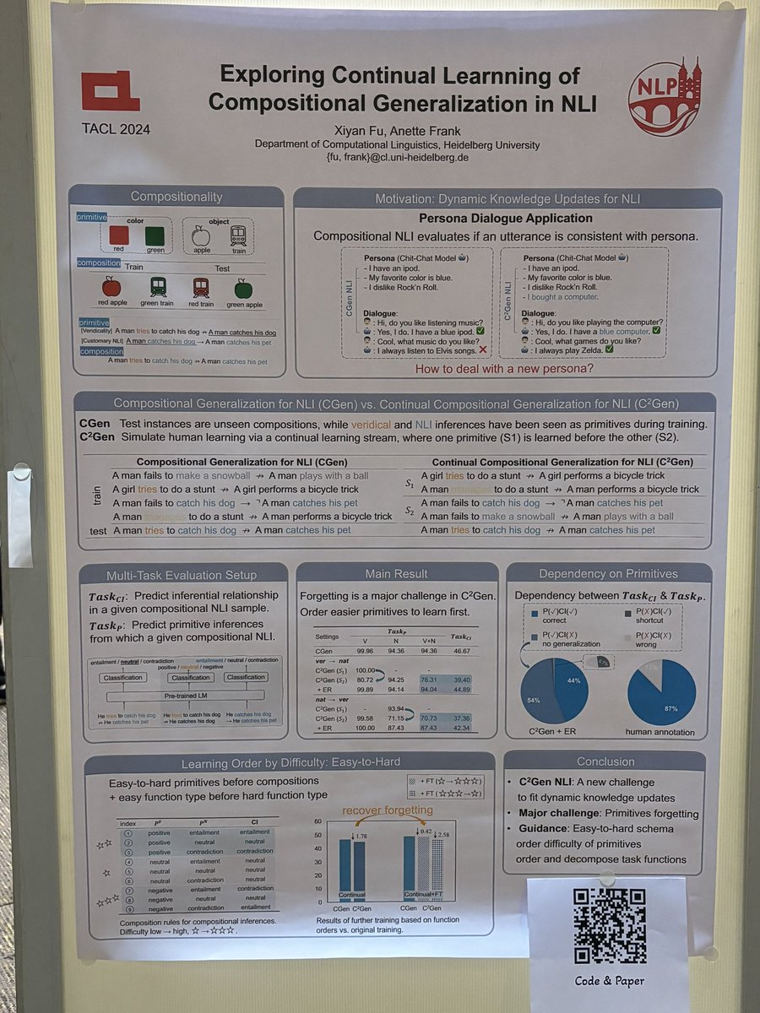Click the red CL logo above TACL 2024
click(110, 91)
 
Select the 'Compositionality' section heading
click(176, 198)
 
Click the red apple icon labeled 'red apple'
click(111, 287)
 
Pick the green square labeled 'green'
click(155, 235)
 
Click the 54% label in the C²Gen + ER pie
click(534, 700)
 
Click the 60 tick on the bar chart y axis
click(317, 821)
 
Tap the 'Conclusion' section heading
click(605, 761)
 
